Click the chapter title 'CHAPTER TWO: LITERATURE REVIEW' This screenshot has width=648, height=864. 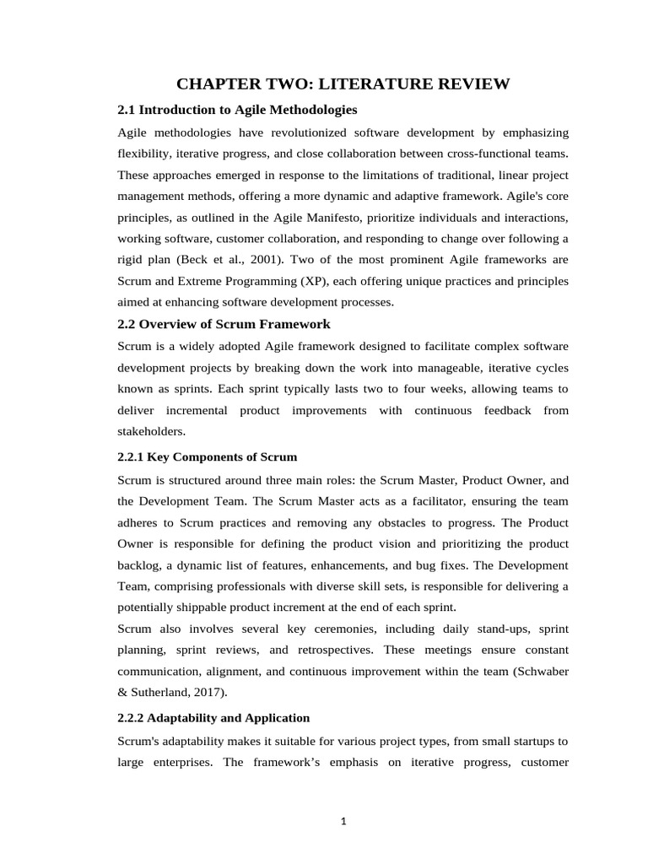[343, 84]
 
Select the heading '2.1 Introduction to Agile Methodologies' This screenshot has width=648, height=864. [237, 110]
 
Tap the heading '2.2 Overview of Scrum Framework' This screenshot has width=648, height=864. [224, 324]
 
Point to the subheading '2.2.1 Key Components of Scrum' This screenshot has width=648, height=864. [207, 456]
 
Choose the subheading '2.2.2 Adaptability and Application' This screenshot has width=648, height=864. [213, 717]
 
